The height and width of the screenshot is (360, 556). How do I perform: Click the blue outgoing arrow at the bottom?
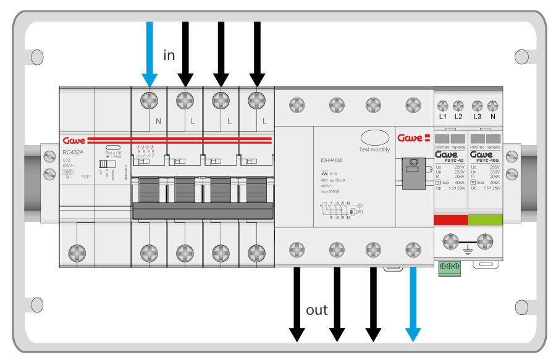tap(412, 303)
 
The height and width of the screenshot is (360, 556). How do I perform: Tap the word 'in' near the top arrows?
tap(169, 56)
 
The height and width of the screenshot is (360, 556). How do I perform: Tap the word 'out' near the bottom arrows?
tap(317, 310)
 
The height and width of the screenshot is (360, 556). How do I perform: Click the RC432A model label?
tap(74, 153)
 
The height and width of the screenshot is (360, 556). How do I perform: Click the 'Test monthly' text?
tap(375, 150)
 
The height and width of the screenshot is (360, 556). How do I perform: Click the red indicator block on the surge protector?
tap(452, 219)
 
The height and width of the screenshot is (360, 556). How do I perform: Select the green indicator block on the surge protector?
tap(486, 219)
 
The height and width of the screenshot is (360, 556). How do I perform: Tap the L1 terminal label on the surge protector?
tap(442, 117)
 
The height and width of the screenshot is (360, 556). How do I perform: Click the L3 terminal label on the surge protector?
tap(476, 117)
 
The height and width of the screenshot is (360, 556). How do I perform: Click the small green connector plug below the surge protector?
tap(449, 267)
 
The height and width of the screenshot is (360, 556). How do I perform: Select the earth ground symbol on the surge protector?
tap(468, 251)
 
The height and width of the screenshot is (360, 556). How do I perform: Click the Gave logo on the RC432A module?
tap(74, 140)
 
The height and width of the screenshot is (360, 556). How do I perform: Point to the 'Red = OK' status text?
tap(113, 153)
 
